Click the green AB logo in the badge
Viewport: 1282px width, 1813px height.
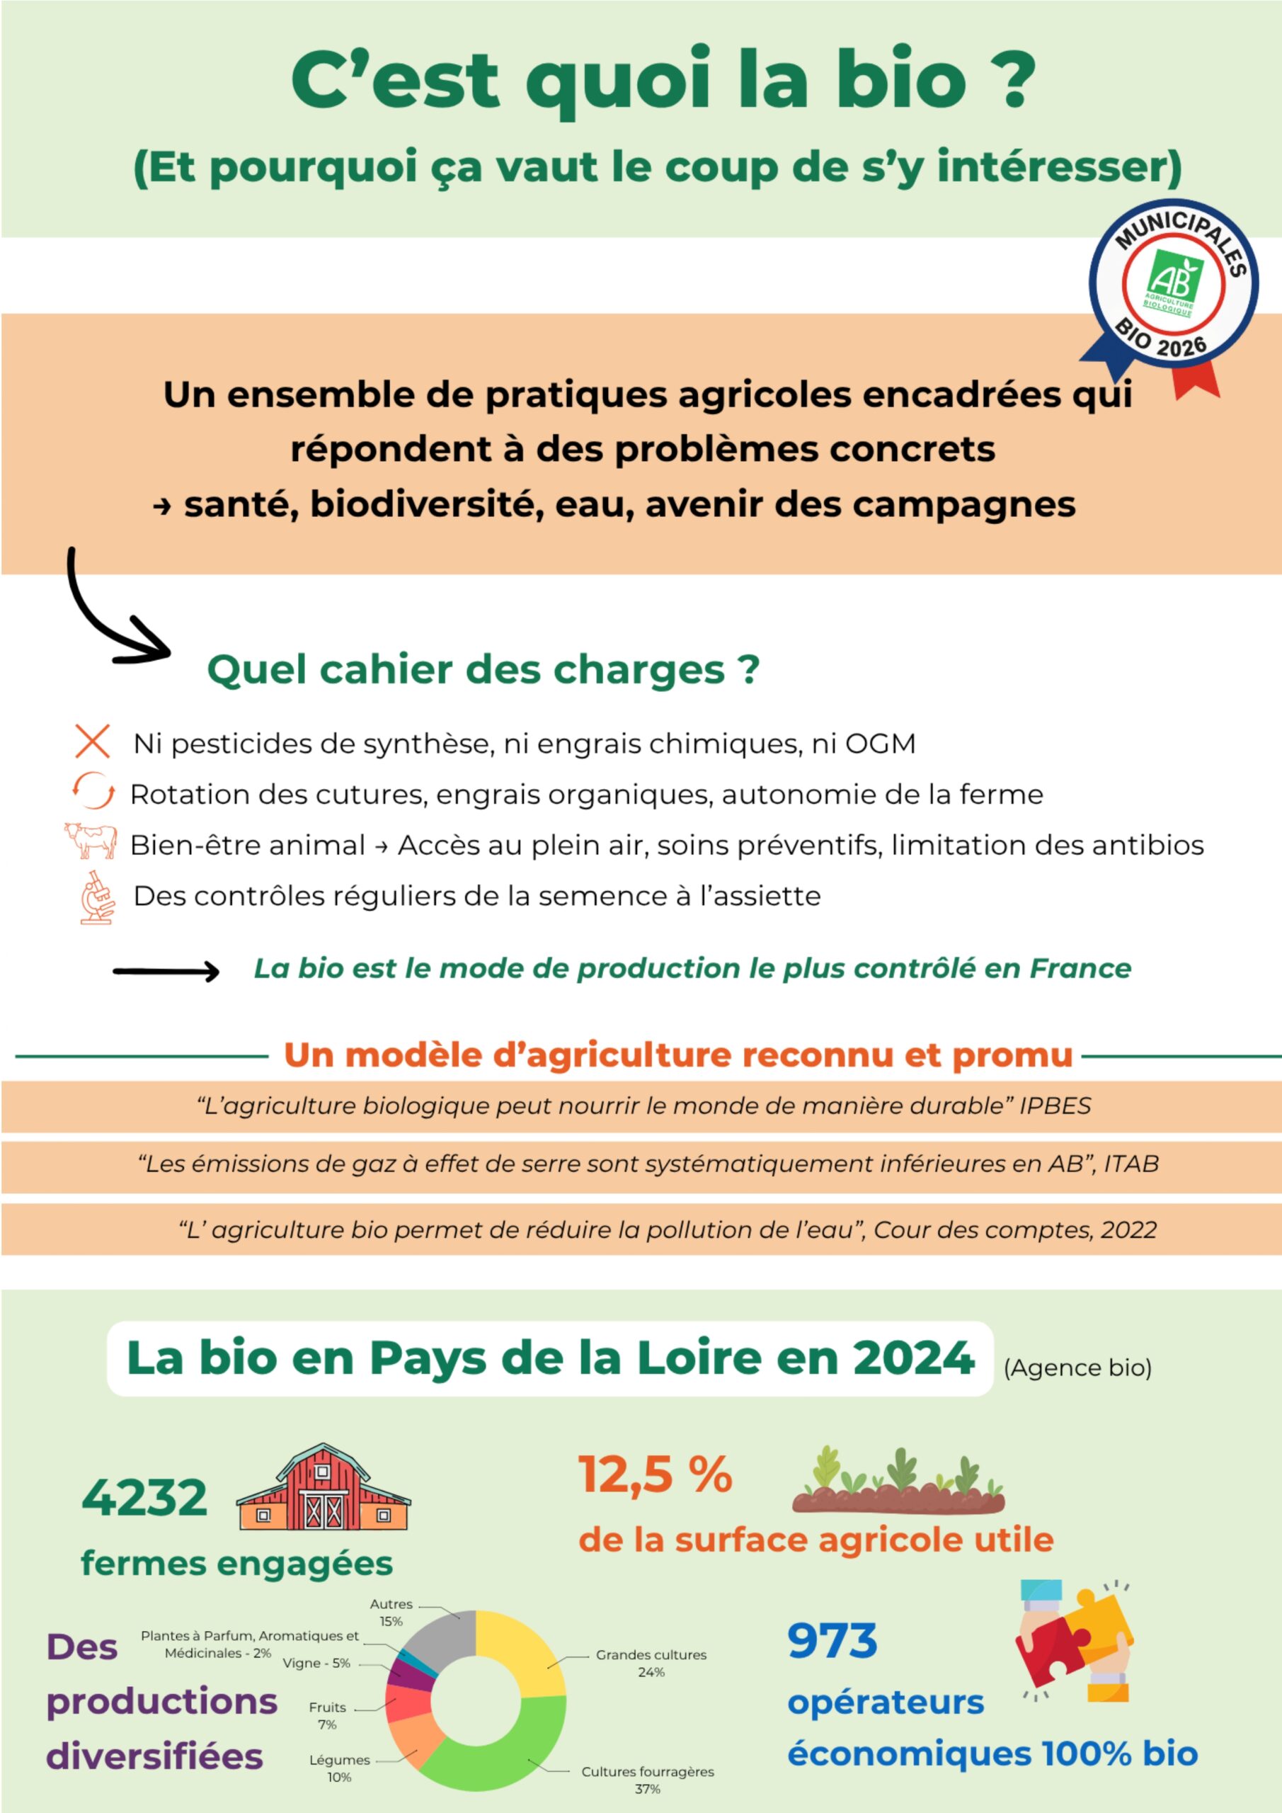pos(1173,283)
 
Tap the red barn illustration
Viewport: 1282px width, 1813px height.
pos(324,1488)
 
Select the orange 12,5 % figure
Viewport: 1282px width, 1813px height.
pos(656,1474)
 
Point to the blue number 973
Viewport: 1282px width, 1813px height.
pos(832,1640)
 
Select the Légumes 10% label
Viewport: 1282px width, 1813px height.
pos(340,1769)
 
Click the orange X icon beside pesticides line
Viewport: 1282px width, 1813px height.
pos(92,741)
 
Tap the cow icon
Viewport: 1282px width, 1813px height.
pos(91,840)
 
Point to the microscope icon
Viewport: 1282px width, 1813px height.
pos(97,897)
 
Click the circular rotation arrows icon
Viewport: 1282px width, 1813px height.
pos(93,791)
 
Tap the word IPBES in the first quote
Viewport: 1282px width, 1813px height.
pos(1055,1106)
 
